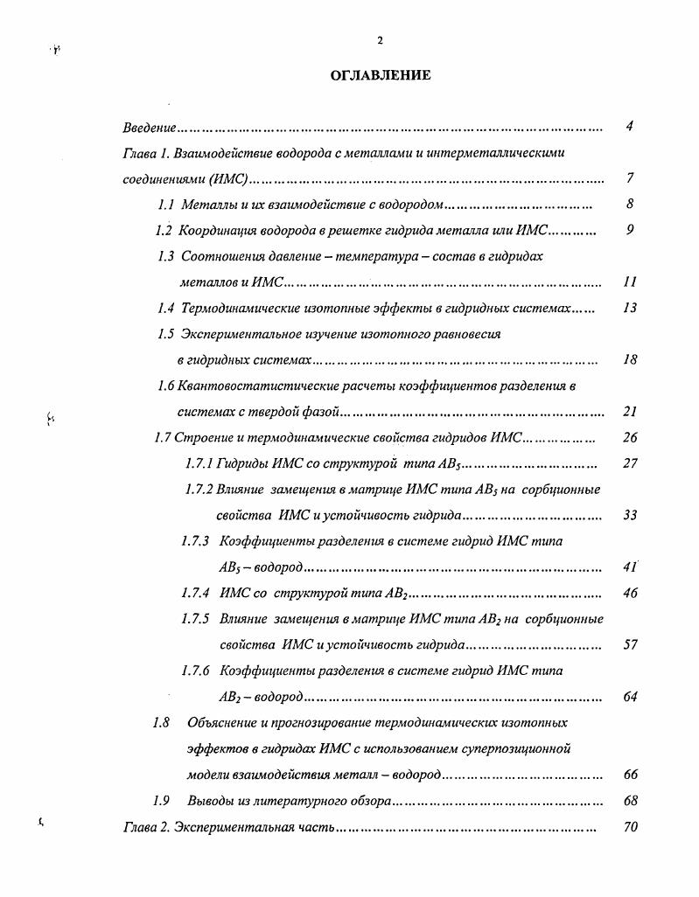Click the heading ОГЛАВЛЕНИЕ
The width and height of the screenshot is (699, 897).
(380, 76)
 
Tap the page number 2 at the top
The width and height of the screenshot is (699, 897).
(380, 40)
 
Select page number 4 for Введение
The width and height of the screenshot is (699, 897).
(629, 127)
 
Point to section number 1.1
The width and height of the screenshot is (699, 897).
(166, 205)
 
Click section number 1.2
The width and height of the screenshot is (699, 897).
(164, 231)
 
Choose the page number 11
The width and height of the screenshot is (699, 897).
(630, 282)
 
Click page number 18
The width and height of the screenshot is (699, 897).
(630, 359)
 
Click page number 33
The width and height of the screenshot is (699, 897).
(630, 515)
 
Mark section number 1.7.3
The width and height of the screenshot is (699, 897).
(194, 541)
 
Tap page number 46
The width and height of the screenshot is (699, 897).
(630, 593)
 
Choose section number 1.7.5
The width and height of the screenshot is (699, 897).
(194, 619)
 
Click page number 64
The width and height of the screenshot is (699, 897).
(630, 697)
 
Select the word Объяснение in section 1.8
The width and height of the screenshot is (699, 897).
(224, 723)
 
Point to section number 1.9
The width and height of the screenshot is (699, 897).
(160, 801)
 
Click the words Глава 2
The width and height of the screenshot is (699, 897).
(144, 827)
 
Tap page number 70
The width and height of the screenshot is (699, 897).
(630, 827)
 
